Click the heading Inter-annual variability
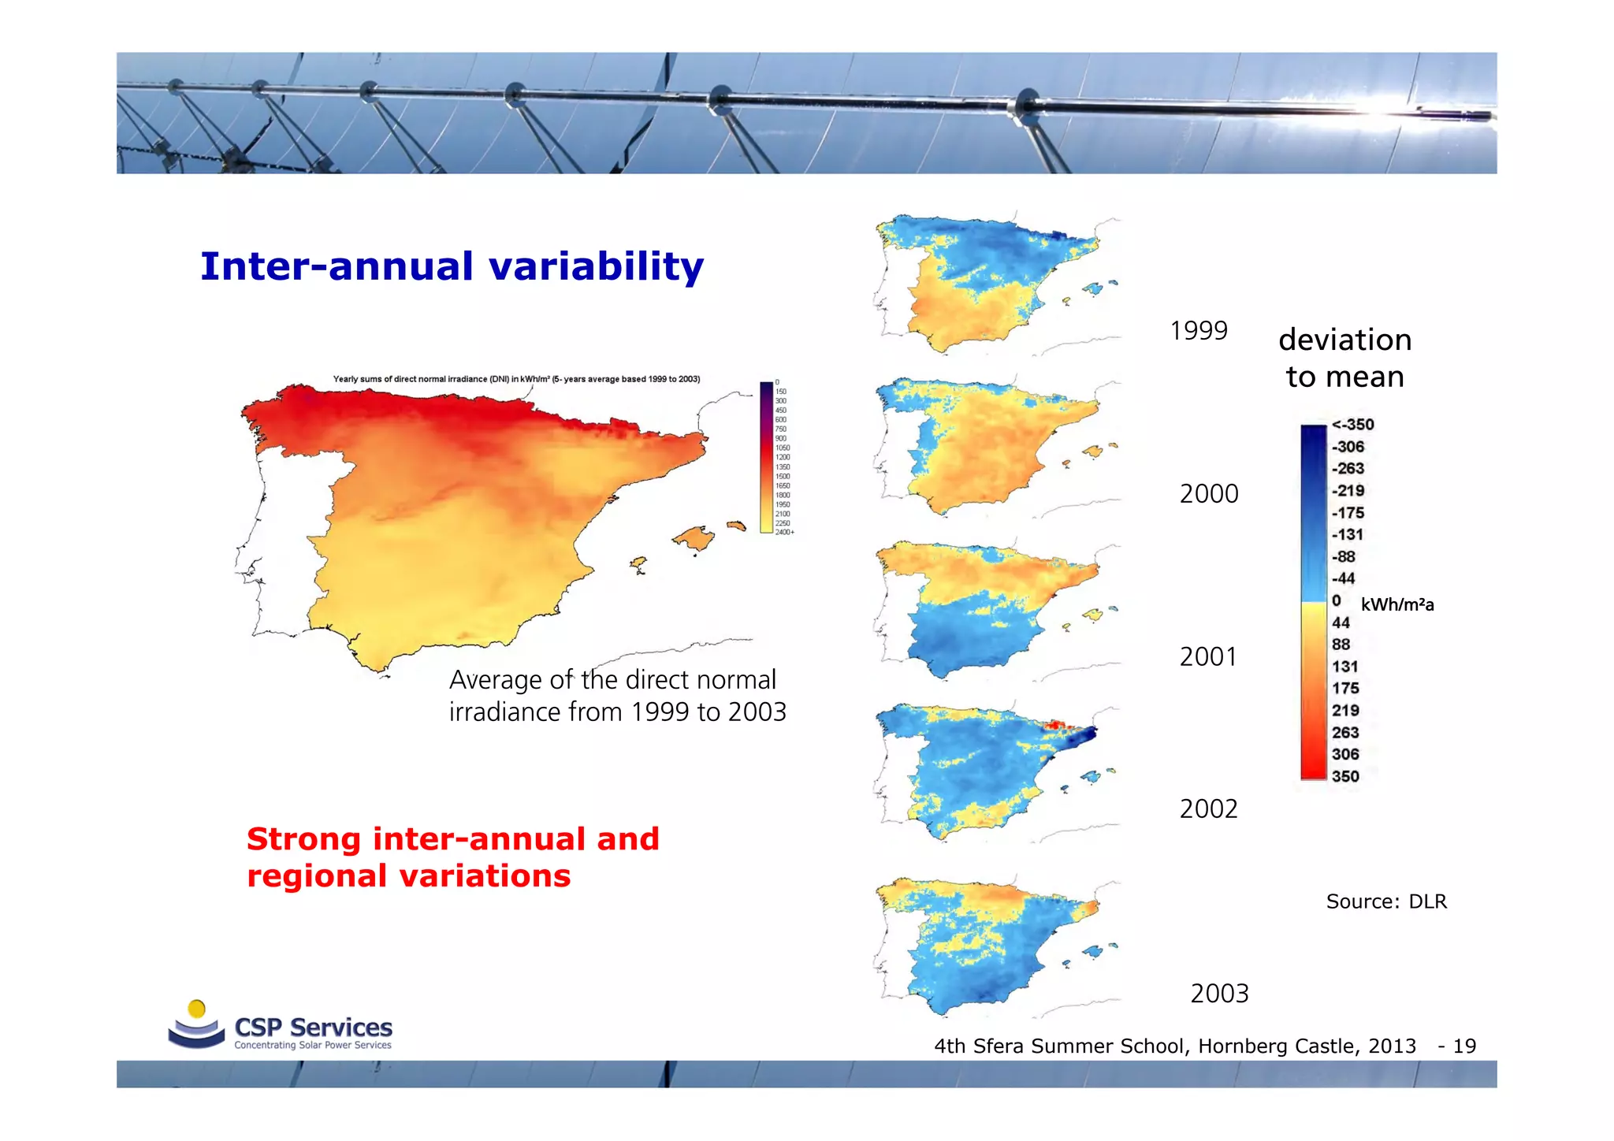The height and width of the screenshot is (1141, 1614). pyautogui.click(x=451, y=266)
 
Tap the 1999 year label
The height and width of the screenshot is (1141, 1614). pyautogui.click(x=1198, y=331)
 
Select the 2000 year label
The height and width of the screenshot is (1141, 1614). pyautogui.click(x=1208, y=494)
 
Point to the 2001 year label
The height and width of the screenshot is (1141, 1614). pyautogui.click(x=1207, y=657)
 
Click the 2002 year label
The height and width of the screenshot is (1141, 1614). pyautogui.click(x=1208, y=809)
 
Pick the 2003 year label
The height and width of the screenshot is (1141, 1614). pyautogui.click(x=1218, y=994)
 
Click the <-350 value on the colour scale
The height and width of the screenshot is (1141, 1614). pyautogui.click(x=1352, y=425)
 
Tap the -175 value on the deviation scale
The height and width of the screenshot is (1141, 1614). pyautogui.click(x=1348, y=513)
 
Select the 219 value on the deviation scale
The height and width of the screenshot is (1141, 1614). pyautogui.click(x=1345, y=711)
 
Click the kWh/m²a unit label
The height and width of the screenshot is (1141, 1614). pyautogui.click(x=1396, y=605)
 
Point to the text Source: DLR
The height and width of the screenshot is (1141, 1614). pyautogui.click(x=1385, y=901)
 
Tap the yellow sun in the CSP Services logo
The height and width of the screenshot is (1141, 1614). pyautogui.click(x=197, y=1009)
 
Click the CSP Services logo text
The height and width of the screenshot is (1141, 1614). pyautogui.click(x=313, y=1028)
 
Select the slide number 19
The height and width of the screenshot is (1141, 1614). pyautogui.click(x=1463, y=1046)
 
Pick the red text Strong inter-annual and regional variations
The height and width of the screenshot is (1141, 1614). pyautogui.click(x=452, y=857)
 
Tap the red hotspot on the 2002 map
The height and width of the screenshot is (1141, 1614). pyautogui.click(x=1055, y=726)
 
